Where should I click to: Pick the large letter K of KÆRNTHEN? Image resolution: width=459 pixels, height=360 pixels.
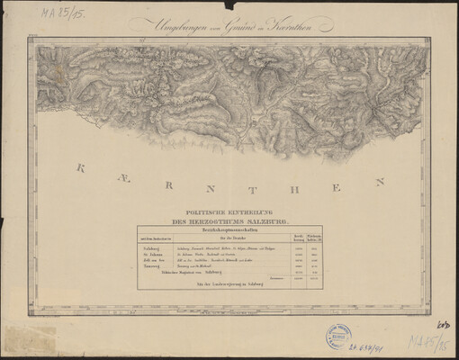(81, 167)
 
